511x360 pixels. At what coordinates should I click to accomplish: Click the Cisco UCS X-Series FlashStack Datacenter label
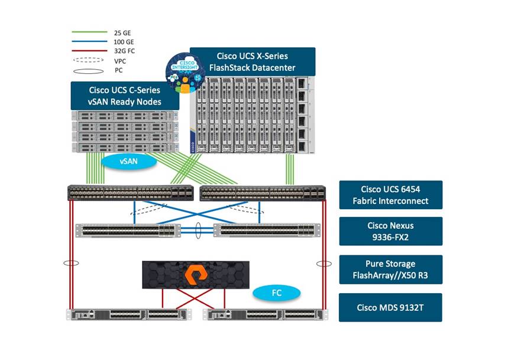tap(252, 61)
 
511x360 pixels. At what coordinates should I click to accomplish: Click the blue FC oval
tap(276, 293)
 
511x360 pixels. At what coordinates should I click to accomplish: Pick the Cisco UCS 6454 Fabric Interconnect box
tap(390, 195)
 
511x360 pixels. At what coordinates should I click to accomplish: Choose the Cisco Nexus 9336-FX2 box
tap(390, 231)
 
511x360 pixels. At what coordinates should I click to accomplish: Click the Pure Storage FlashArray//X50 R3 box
tap(390, 269)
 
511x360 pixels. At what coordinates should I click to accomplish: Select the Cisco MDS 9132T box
tap(390, 307)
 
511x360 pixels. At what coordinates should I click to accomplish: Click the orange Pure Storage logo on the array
tap(196, 275)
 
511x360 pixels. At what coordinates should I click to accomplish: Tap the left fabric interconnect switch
tap(131, 192)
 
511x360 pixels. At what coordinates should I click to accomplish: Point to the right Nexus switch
tap(267, 231)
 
